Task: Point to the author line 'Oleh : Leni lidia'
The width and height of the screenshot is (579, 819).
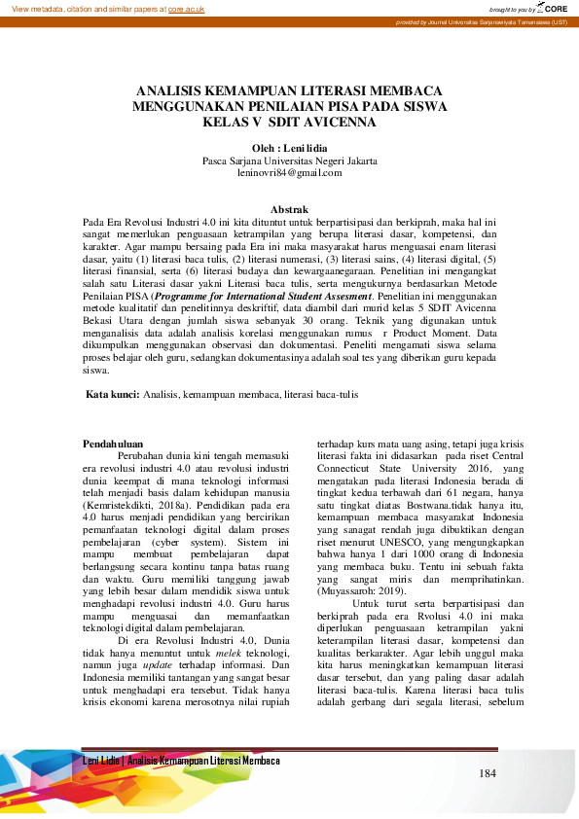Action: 289,147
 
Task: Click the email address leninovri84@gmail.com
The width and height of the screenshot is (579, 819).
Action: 289,172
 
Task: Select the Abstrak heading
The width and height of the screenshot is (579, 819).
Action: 289,209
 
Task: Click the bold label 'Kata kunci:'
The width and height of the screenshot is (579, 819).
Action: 113,394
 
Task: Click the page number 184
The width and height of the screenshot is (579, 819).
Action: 489,772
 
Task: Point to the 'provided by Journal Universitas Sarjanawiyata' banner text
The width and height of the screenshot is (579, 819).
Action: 482,22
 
